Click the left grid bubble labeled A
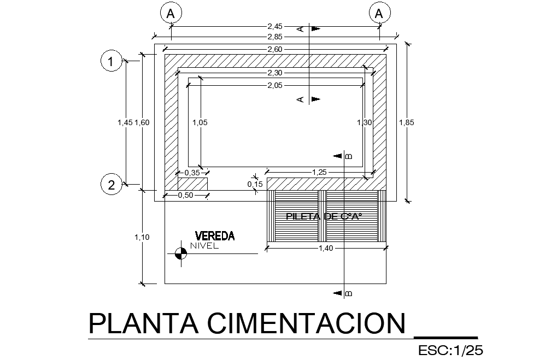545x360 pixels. click(171, 14)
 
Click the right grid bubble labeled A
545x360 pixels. click(378, 14)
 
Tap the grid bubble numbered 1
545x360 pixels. click(111, 62)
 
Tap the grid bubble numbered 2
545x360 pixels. click(111, 185)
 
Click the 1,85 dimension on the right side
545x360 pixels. click(407, 123)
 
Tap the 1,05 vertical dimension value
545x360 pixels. click(200, 123)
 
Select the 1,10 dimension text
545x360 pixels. click(142, 237)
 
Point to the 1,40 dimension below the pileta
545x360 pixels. click(326, 249)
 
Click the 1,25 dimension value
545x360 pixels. click(319, 173)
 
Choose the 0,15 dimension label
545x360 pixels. click(255, 185)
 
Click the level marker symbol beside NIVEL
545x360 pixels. click(179, 253)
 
